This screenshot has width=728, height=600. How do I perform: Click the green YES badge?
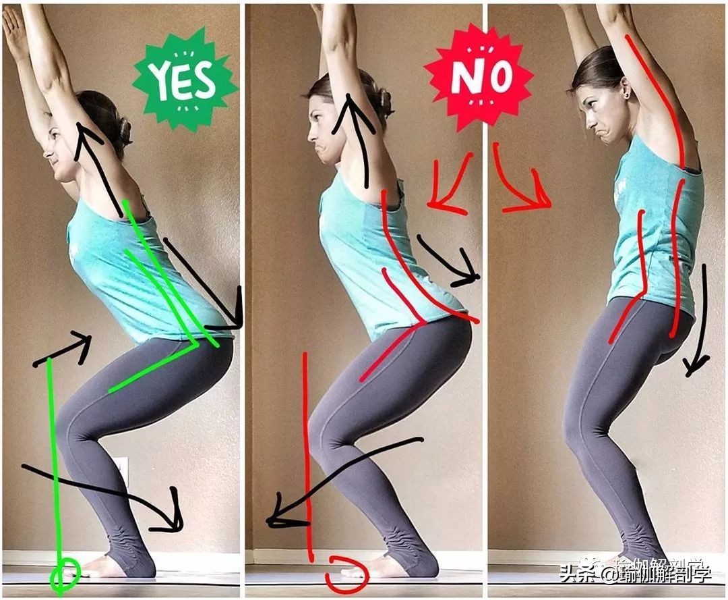[x=185, y=79]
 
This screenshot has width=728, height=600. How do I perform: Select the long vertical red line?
[x=307, y=456]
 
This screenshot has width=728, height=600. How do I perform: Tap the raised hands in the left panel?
[x=19, y=28]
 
